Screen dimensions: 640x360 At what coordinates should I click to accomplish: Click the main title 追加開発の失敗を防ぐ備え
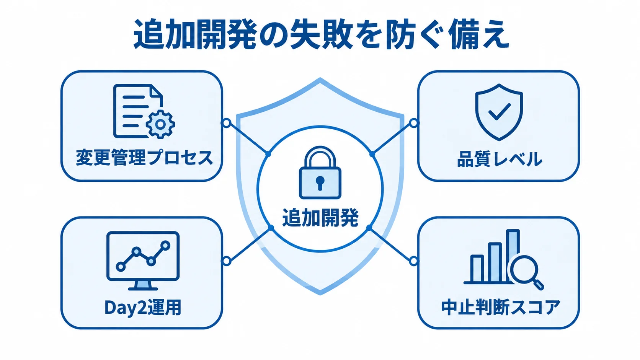pos(321,35)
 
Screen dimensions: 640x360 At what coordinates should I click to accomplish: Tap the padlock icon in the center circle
pos(320,173)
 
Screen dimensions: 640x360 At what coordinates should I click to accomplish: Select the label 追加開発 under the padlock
pos(320,218)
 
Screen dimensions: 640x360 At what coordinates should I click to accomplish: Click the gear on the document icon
pos(160,124)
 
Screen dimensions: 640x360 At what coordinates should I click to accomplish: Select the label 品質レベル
pos(500,159)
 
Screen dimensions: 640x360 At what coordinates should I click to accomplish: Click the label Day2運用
pos(142,307)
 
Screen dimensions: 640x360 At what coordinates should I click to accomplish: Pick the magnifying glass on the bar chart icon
pos(526,272)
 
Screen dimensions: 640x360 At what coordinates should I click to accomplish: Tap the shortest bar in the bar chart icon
pos(477,268)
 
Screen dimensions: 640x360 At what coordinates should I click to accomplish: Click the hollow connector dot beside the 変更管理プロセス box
pos(226,123)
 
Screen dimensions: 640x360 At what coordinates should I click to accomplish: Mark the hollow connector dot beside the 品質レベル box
pos(413,123)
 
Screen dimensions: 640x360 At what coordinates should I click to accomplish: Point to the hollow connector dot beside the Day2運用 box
pos(226,261)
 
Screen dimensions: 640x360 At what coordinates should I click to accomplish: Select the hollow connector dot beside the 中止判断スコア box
pos(413,261)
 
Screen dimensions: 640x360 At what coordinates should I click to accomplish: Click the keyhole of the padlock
pos(320,183)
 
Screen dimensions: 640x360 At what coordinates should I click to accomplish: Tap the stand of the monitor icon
pos(143,285)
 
